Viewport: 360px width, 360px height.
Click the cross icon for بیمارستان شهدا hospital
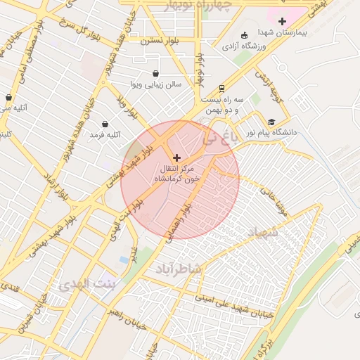[x=282, y=22]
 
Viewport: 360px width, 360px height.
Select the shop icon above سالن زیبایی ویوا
[x=155, y=73]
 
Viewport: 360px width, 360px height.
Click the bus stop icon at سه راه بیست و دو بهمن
[x=221, y=89]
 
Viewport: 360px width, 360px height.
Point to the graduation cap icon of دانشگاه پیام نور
[x=271, y=122]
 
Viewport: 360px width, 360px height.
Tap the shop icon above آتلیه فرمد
[x=105, y=124]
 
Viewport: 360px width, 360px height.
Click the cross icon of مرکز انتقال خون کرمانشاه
[x=176, y=157]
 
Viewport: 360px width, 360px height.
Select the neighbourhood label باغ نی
[x=216, y=139]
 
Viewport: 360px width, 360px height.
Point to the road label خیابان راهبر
[x=126, y=314]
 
